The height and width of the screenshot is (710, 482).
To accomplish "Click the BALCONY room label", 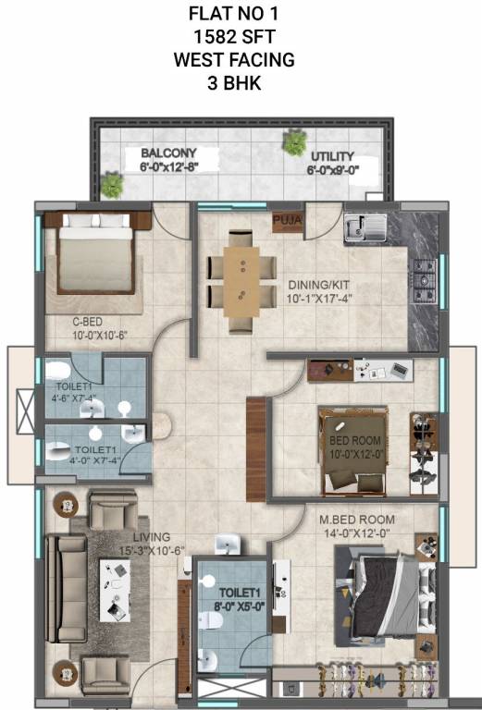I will [x=167, y=153].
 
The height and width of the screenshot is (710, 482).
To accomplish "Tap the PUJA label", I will [x=284, y=221].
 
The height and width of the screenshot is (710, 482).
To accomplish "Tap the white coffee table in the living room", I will [x=117, y=589].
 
